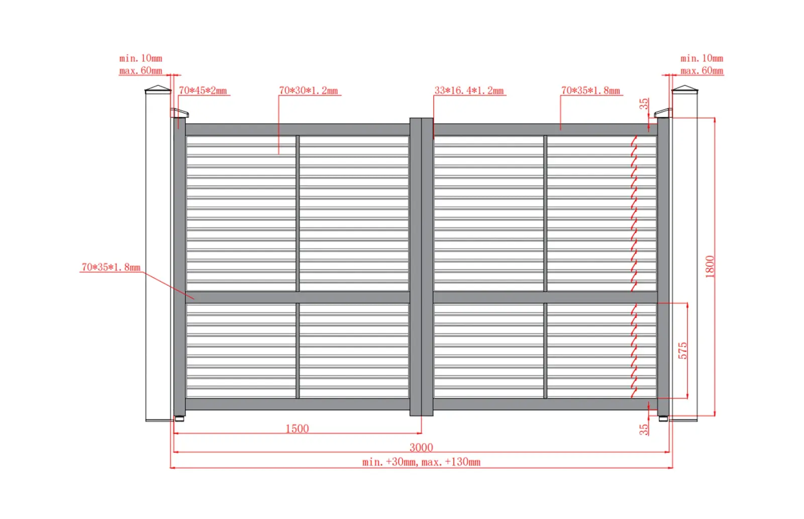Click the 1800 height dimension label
coord(710,267)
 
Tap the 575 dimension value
coord(683,351)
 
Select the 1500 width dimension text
coord(297,428)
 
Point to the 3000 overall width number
coord(421,448)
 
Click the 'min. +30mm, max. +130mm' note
coord(421,462)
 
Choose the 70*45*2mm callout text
coord(203,91)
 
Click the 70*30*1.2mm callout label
coord(309,91)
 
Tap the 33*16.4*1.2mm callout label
coord(469,91)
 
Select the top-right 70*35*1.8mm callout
coord(590,91)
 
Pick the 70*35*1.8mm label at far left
coord(111,267)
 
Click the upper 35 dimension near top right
coord(644,104)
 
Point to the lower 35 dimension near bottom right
coord(644,429)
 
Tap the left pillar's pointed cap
coord(158,89)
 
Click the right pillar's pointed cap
coord(685,89)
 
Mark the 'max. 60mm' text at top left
coord(141,71)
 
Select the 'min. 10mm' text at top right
coord(701,58)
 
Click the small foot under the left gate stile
coord(179,419)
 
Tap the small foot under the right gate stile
coord(663,419)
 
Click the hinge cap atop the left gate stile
coord(179,113)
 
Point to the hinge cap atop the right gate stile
coord(663,113)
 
